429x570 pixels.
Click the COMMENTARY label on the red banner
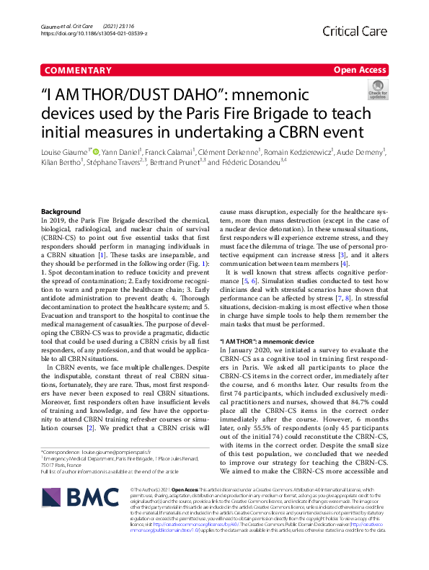click(x=77, y=71)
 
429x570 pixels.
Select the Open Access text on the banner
click(x=361, y=71)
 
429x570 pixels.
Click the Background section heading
click(x=61, y=211)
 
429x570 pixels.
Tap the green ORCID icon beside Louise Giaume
click(x=97, y=152)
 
